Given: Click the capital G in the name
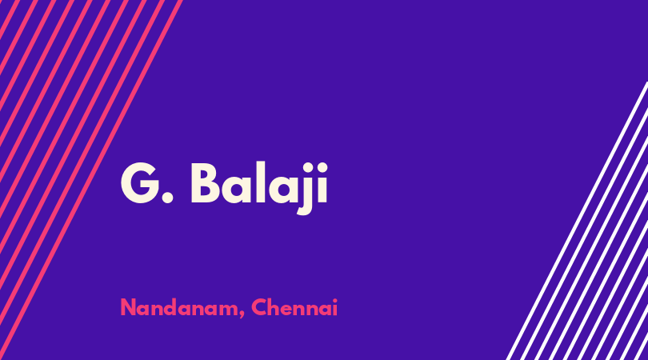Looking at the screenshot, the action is [x=141, y=182].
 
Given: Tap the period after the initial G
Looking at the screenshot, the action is [x=167, y=197].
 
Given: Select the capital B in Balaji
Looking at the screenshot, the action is [x=205, y=183].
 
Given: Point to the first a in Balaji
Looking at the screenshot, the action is [x=236, y=190].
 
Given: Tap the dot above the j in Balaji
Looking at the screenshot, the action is [x=306, y=166].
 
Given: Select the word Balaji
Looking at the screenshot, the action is [x=259, y=188].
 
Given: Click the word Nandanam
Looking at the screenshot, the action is [x=180, y=307].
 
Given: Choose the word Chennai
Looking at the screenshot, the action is [x=294, y=307].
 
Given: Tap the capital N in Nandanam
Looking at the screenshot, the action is [x=128, y=307].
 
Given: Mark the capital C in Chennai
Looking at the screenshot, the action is [x=259, y=307].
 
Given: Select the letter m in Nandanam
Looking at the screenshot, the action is [x=229, y=310].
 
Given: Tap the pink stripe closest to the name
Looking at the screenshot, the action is [x=91, y=180].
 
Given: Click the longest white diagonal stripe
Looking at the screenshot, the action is [x=578, y=221].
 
